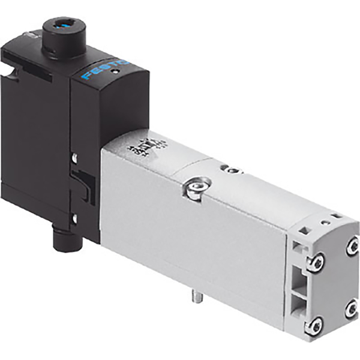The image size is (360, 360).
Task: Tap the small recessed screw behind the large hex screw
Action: pos(228,170)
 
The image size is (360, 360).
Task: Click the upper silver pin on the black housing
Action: pos(74,158)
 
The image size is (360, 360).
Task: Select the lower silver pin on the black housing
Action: pos(74,217)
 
